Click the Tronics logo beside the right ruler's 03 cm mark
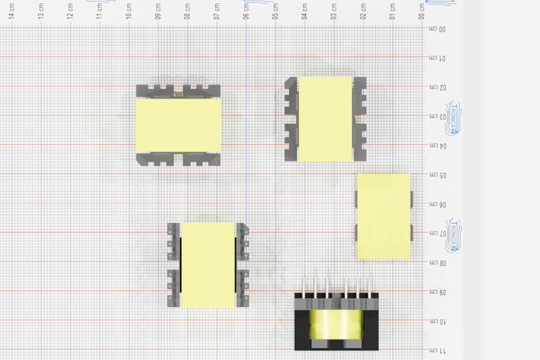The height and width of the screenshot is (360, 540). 453,118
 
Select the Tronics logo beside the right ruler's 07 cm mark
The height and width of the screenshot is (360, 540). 453,234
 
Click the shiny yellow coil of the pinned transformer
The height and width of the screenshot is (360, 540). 336,324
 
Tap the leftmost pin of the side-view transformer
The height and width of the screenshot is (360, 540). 303,286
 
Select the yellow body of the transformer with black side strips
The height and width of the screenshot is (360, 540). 208,265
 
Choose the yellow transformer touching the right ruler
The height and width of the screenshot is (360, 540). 383,216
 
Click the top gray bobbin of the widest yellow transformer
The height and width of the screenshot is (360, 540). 178,91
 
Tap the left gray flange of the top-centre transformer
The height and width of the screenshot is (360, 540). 291,119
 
